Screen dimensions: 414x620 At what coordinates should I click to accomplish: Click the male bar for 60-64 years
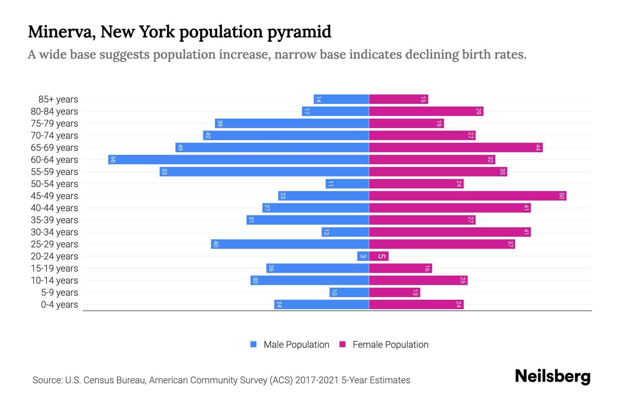[238, 159]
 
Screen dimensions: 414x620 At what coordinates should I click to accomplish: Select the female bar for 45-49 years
[467, 196]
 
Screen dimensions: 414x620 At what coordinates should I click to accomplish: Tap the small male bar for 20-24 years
[363, 256]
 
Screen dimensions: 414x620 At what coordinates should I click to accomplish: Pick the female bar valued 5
[379, 256]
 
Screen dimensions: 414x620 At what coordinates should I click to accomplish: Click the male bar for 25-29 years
[290, 244]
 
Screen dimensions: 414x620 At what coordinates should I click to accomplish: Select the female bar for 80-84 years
[426, 111]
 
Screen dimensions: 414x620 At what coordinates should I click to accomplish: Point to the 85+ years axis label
[58, 99]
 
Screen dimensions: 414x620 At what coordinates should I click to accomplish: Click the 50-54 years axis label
[54, 184]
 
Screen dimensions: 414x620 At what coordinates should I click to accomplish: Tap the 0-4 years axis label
[59, 305]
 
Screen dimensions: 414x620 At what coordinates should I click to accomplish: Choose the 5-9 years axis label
[59, 293]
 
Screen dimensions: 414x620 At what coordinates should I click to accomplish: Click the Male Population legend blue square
[254, 344]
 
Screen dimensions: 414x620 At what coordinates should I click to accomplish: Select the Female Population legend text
[390, 344]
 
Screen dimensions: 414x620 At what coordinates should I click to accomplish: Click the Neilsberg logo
[552, 376]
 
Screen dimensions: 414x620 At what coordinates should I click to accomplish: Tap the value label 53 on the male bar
[164, 171]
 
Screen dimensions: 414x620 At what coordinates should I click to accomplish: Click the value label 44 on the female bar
[538, 147]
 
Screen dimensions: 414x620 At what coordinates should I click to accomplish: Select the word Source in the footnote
[47, 380]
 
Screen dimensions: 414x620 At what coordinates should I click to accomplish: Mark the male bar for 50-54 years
[347, 184]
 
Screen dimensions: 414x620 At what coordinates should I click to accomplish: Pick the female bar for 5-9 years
[394, 292]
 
